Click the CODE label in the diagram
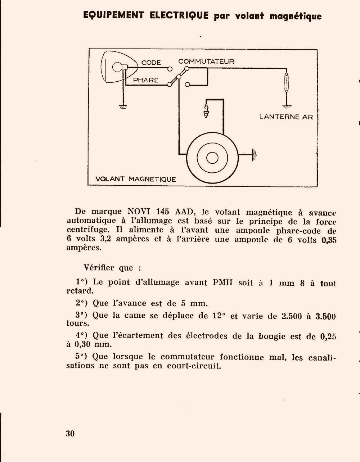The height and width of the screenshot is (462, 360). [x=151, y=63]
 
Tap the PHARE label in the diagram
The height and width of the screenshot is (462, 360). [x=146, y=80]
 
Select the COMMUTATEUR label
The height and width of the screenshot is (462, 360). [x=206, y=62]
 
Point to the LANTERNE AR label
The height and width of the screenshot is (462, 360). [x=286, y=117]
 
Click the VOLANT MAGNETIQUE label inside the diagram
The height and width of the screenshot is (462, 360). [x=136, y=179]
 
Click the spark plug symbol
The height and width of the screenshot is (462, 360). [x=207, y=110]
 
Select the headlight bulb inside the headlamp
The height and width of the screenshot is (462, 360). [x=118, y=67]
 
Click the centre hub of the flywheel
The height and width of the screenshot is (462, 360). [x=212, y=157]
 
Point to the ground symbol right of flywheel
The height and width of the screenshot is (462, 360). [x=255, y=155]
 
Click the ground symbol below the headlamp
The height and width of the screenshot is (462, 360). [x=123, y=106]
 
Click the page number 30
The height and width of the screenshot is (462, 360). [x=70, y=433]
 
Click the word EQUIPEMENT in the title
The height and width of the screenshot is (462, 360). [x=114, y=15]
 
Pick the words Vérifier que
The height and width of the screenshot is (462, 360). [x=112, y=268]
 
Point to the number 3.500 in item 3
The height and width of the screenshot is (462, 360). [x=325, y=317]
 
